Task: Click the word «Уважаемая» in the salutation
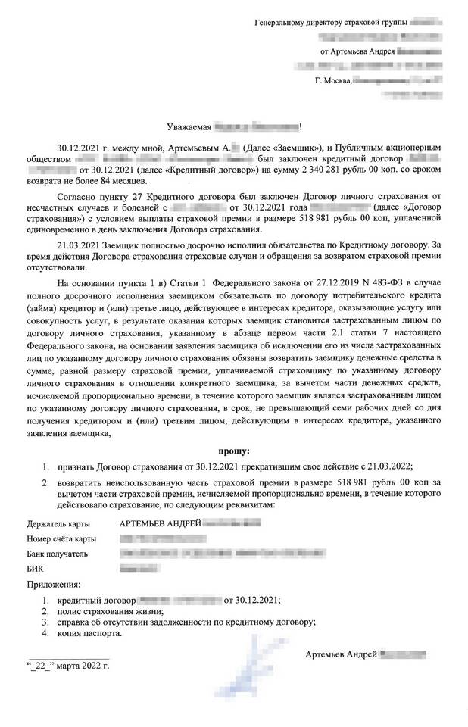point(189,126)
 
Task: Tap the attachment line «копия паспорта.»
point(89,634)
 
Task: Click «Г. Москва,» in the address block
point(334,80)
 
